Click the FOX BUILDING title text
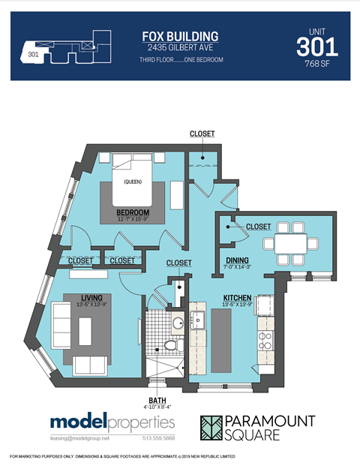point(180,36)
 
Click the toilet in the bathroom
point(172,346)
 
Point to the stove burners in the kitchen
point(265,342)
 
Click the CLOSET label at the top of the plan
point(202,134)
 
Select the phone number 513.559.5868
point(155,438)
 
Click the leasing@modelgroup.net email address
point(80,438)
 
